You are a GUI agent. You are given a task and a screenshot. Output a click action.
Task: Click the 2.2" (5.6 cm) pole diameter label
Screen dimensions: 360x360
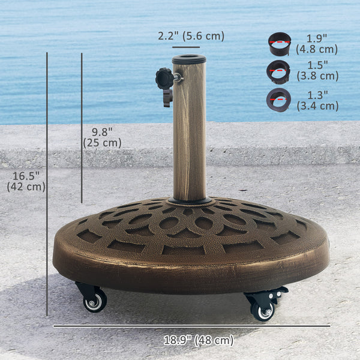click(x=191, y=36)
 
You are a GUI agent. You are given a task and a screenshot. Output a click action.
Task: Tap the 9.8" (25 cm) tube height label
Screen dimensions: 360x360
click(x=102, y=137)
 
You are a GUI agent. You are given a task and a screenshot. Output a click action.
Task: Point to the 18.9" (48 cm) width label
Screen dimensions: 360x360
click(x=199, y=340)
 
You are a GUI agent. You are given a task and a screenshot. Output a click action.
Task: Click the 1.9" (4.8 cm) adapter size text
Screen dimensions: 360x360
click(x=317, y=44)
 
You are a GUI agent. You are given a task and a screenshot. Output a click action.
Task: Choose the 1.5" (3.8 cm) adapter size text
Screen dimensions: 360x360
click(x=317, y=70)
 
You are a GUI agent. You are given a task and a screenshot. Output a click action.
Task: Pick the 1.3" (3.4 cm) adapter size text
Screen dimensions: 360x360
click(x=317, y=100)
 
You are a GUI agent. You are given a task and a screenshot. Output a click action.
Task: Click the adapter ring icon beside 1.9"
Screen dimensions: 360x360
click(x=279, y=44)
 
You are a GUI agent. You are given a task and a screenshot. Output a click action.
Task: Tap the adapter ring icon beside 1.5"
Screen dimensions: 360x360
click(x=278, y=71)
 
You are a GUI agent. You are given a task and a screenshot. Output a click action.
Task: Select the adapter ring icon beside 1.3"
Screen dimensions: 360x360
click(x=278, y=99)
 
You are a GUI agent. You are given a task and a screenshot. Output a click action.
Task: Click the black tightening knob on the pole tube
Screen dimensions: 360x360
click(x=164, y=79)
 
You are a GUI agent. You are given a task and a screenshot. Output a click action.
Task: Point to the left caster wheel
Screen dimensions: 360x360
click(x=95, y=302)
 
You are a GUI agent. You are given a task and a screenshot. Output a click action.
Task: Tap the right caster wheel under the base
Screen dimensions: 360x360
click(x=262, y=310)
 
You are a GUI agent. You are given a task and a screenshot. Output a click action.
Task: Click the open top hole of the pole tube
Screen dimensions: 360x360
click(x=189, y=59)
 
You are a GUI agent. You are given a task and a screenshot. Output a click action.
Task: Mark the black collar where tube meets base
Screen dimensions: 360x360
click(x=190, y=200)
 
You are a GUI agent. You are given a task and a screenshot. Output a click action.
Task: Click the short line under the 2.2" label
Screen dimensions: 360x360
click(x=186, y=46)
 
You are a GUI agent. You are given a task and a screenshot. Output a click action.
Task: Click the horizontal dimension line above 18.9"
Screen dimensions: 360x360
click(x=191, y=326)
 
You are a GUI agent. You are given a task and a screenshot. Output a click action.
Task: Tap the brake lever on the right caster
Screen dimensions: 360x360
click(x=279, y=292)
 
